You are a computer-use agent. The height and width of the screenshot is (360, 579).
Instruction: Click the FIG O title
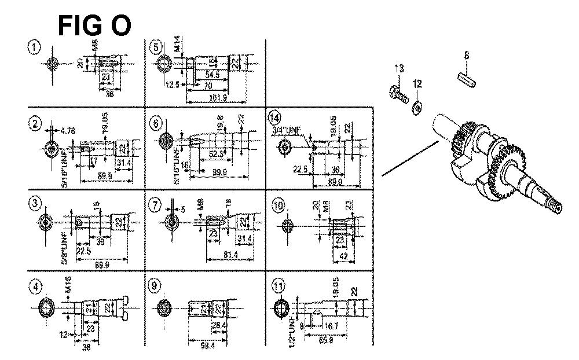(x=94, y=25)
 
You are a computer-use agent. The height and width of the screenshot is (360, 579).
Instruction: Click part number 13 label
(x=398, y=69)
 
